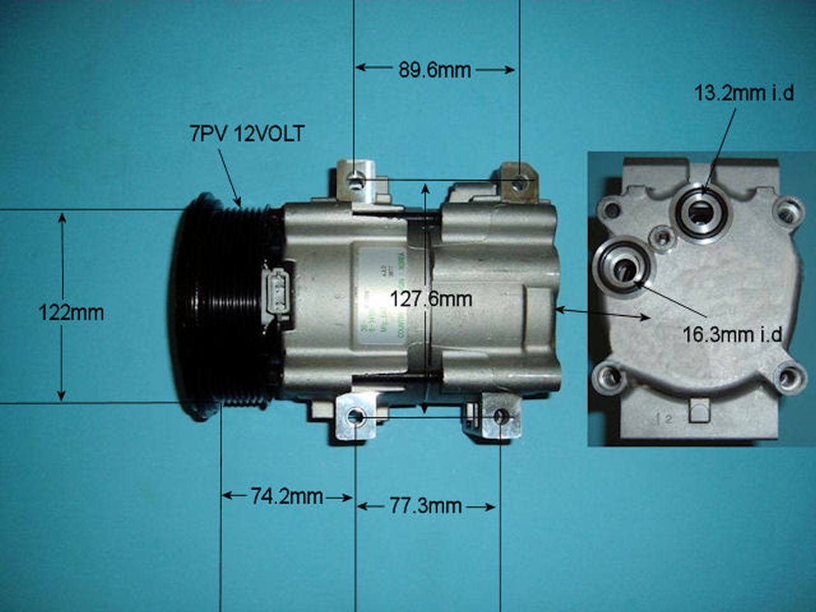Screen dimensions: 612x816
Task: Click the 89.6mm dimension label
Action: point(435,69)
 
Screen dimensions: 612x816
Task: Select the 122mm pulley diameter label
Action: point(71,313)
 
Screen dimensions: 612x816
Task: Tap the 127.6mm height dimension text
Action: point(431,298)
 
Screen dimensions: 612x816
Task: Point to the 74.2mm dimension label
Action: point(286,497)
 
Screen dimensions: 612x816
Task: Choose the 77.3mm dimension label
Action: point(425,506)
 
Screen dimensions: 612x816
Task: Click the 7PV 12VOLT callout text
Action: point(247,134)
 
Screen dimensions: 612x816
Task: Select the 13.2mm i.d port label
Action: point(744,94)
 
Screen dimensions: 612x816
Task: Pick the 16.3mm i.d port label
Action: point(732,334)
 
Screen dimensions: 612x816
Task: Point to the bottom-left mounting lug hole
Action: point(356,418)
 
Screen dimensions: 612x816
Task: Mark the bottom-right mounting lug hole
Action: point(501,417)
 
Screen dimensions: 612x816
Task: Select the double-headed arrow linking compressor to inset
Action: point(602,313)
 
